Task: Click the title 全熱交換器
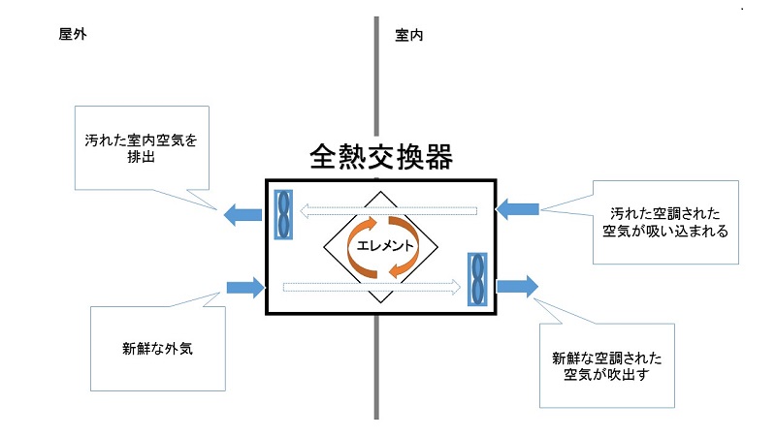tap(381, 157)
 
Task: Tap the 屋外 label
tap(74, 34)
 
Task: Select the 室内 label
tap(408, 34)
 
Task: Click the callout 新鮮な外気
tap(158, 347)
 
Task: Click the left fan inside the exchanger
tap(283, 213)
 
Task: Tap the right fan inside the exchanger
tap(477, 278)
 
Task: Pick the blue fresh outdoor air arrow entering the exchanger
tap(245, 286)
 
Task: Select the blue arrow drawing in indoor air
tap(518, 207)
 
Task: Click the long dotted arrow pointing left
tap(388, 208)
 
